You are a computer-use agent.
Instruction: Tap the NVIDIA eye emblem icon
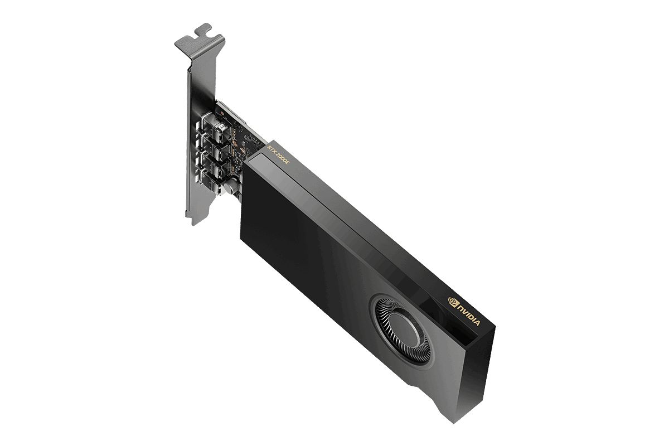tap(453, 302)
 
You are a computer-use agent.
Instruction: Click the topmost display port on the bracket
tap(213, 127)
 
